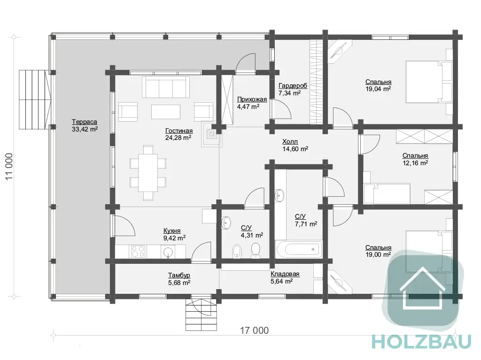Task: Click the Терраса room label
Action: [x=85, y=122]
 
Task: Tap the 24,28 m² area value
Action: [x=178, y=138]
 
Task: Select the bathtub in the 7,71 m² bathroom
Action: [x=298, y=249]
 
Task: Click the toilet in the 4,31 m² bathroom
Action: [x=256, y=250]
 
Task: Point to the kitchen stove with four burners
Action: [x=138, y=252]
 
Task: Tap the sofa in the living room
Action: [x=166, y=87]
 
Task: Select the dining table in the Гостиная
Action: [x=148, y=173]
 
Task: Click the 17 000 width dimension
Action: [x=254, y=330]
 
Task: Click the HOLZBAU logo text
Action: [x=421, y=342]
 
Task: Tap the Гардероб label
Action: [x=293, y=86]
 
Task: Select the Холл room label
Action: [x=290, y=142]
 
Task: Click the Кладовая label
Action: [x=285, y=274]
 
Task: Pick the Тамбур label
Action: [x=179, y=276]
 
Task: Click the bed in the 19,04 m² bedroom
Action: [x=429, y=82]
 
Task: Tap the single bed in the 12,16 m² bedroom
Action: [x=387, y=194]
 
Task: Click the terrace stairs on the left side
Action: [x=34, y=100]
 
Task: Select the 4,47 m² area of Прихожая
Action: [x=248, y=107]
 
